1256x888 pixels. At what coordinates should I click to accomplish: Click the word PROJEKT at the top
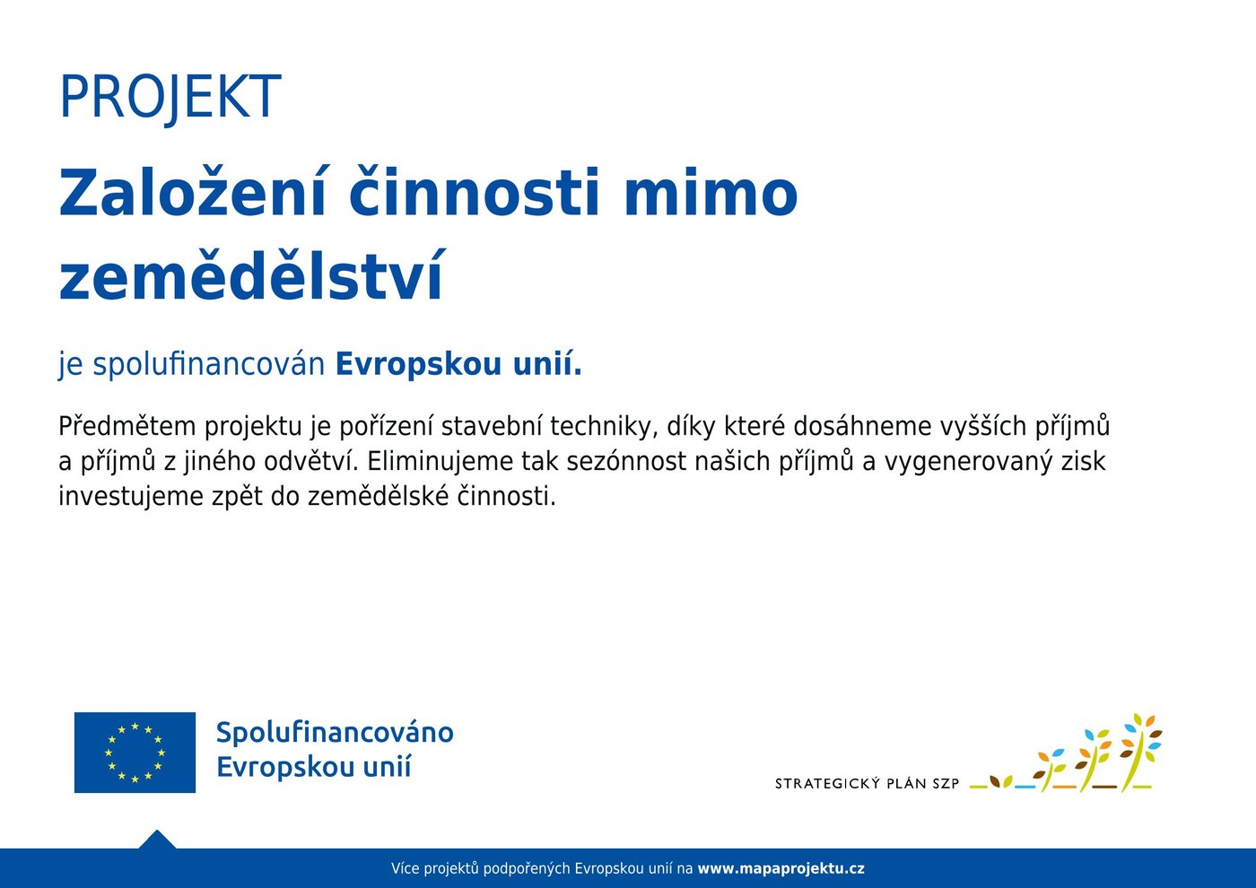pyautogui.click(x=170, y=97)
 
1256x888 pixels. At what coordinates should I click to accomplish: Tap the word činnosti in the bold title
pyautogui.click(x=475, y=191)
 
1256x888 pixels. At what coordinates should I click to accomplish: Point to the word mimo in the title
pyautogui.click(x=711, y=192)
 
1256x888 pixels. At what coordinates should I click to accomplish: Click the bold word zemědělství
pyautogui.click(x=251, y=274)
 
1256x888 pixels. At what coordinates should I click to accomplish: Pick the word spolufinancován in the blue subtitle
pyautogui.click(x=209, y=364)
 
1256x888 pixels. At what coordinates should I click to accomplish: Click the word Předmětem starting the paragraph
pyautogui.click(x=126, y=427)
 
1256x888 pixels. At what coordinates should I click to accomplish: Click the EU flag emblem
pyautogui.click(x=135, y=753)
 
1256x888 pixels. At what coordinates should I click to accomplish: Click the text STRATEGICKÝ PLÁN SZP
pyautogui.click(x=867, y=784)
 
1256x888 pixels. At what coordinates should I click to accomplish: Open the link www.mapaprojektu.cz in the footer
pyautogui.click(x=781, y=869)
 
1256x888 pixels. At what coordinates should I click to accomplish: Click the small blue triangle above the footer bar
pyautogui.click(x=157, y=840)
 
